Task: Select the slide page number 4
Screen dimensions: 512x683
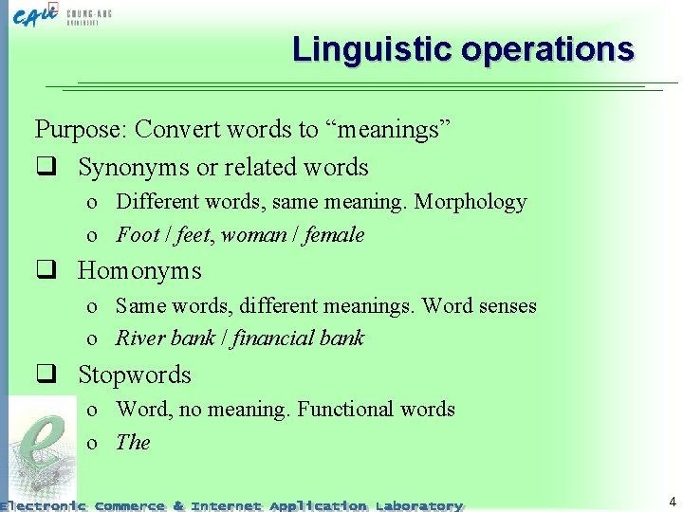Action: [672, 502]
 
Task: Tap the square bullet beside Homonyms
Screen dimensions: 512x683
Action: [43, 271]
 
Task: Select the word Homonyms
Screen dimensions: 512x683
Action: [139, 271]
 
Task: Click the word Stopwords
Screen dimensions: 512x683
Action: [134, 375]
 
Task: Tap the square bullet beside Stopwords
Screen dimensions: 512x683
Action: [43, 375]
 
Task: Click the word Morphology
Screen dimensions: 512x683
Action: [470, 202]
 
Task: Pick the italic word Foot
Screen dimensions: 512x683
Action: [137, 235]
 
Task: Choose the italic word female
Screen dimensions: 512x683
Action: [334, 235]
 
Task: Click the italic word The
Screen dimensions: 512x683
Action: [133, 443]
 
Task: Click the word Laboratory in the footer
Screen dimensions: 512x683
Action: [418, 505]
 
